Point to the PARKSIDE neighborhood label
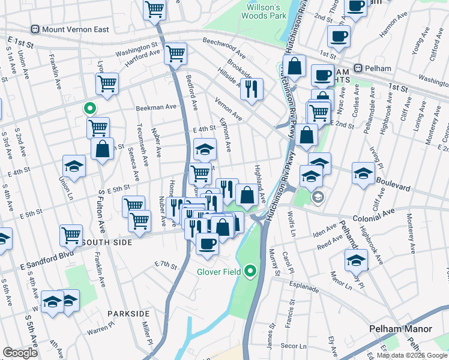coord(128,314)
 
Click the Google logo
coord(20,353)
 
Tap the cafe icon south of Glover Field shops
coord(208,243)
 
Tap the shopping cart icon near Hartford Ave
coord(175,54)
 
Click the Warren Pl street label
coord(100,330)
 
